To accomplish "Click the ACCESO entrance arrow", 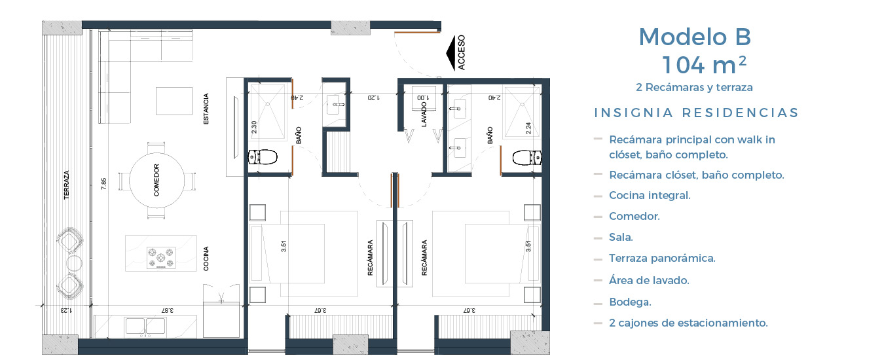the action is coord(451,53).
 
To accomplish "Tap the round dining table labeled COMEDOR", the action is coord(156,180).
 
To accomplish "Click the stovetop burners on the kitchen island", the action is coord(160,258).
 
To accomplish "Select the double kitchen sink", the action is coord(145,327).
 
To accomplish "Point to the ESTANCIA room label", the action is coord(206,109).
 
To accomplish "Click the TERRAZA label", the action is coord(67,185).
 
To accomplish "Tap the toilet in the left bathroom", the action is coord(262,157).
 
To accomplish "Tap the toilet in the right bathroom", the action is coord(527,158).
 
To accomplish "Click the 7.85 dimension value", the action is coord(104,184).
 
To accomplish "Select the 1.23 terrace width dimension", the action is coord(66,310).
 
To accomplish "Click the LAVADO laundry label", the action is coord(424,115).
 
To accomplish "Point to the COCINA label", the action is coord(206,259).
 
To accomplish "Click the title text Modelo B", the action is coord(695,37).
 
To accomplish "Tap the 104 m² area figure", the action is coord(704,65).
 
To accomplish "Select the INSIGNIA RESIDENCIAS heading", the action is coord(696,113).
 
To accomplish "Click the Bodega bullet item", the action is coord(630,302).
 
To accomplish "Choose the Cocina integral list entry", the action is coord(650,195).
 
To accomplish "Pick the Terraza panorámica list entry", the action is coord(662,258).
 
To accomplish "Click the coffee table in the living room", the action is coord(174,101).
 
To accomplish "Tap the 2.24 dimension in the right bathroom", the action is coord(528,128).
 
